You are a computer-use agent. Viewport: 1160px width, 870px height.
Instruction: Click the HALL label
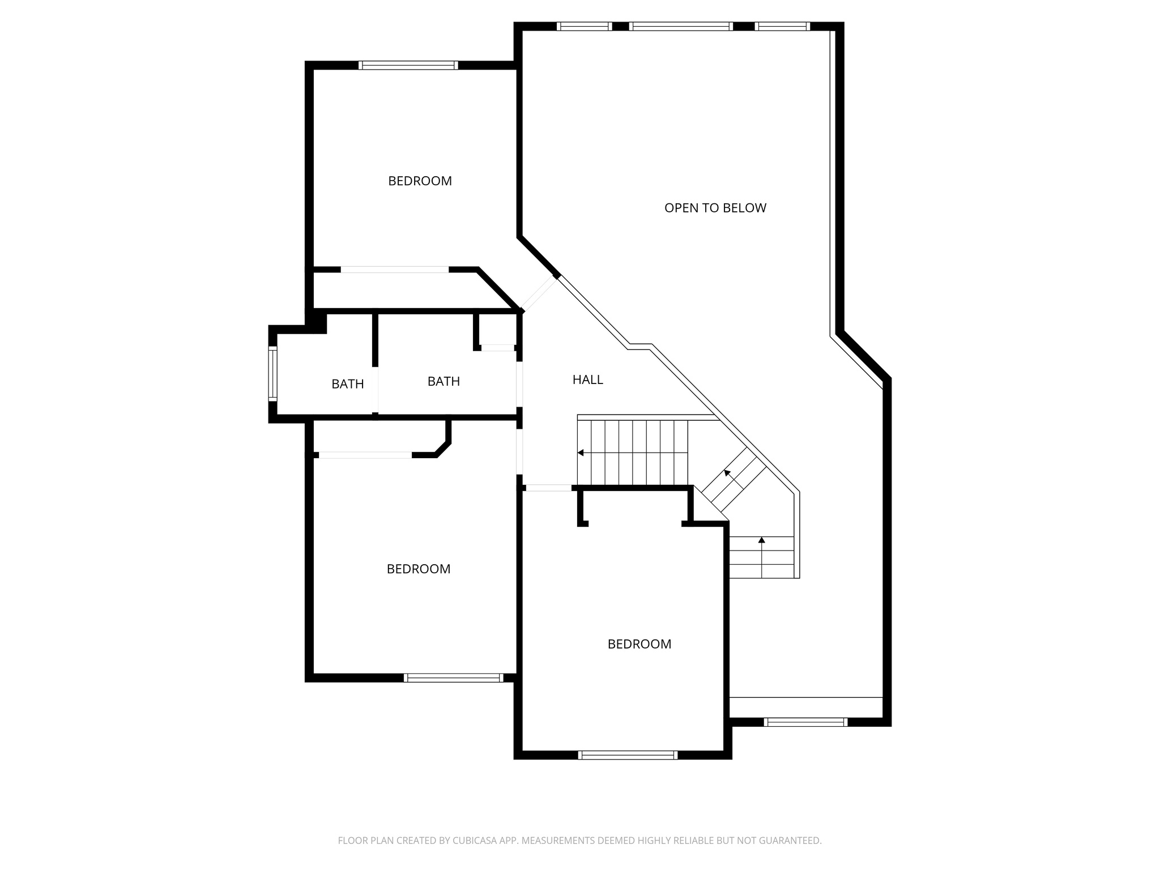click(587, 379)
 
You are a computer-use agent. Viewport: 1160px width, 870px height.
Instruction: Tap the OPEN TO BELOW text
click(715, 208)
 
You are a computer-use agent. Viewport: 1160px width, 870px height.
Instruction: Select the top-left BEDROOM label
click(420, 181)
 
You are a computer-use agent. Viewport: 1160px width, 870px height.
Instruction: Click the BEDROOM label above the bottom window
click(639, 644)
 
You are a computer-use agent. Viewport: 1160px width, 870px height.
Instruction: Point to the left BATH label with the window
click(347, 384)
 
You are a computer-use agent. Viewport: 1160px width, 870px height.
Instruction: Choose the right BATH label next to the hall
click(443, 381)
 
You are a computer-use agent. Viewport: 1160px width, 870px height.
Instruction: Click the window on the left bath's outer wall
click(272, 373)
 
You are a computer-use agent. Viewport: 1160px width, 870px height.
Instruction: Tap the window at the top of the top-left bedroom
click(408, 65)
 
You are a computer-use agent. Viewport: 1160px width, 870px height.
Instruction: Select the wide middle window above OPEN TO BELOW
click(680, 26)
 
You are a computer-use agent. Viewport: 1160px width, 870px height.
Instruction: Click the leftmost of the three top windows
click(584, 26)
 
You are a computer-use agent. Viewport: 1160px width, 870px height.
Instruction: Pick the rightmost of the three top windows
click(782, 26)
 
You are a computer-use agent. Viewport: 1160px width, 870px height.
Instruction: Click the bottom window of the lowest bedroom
click(628, 754)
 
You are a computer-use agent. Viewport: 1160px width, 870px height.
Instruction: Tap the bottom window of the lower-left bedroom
click(453, 677)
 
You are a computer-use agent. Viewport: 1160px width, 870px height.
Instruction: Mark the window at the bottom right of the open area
click(805, 722)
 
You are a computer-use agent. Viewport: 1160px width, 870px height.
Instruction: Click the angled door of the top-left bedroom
click(539, 293)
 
